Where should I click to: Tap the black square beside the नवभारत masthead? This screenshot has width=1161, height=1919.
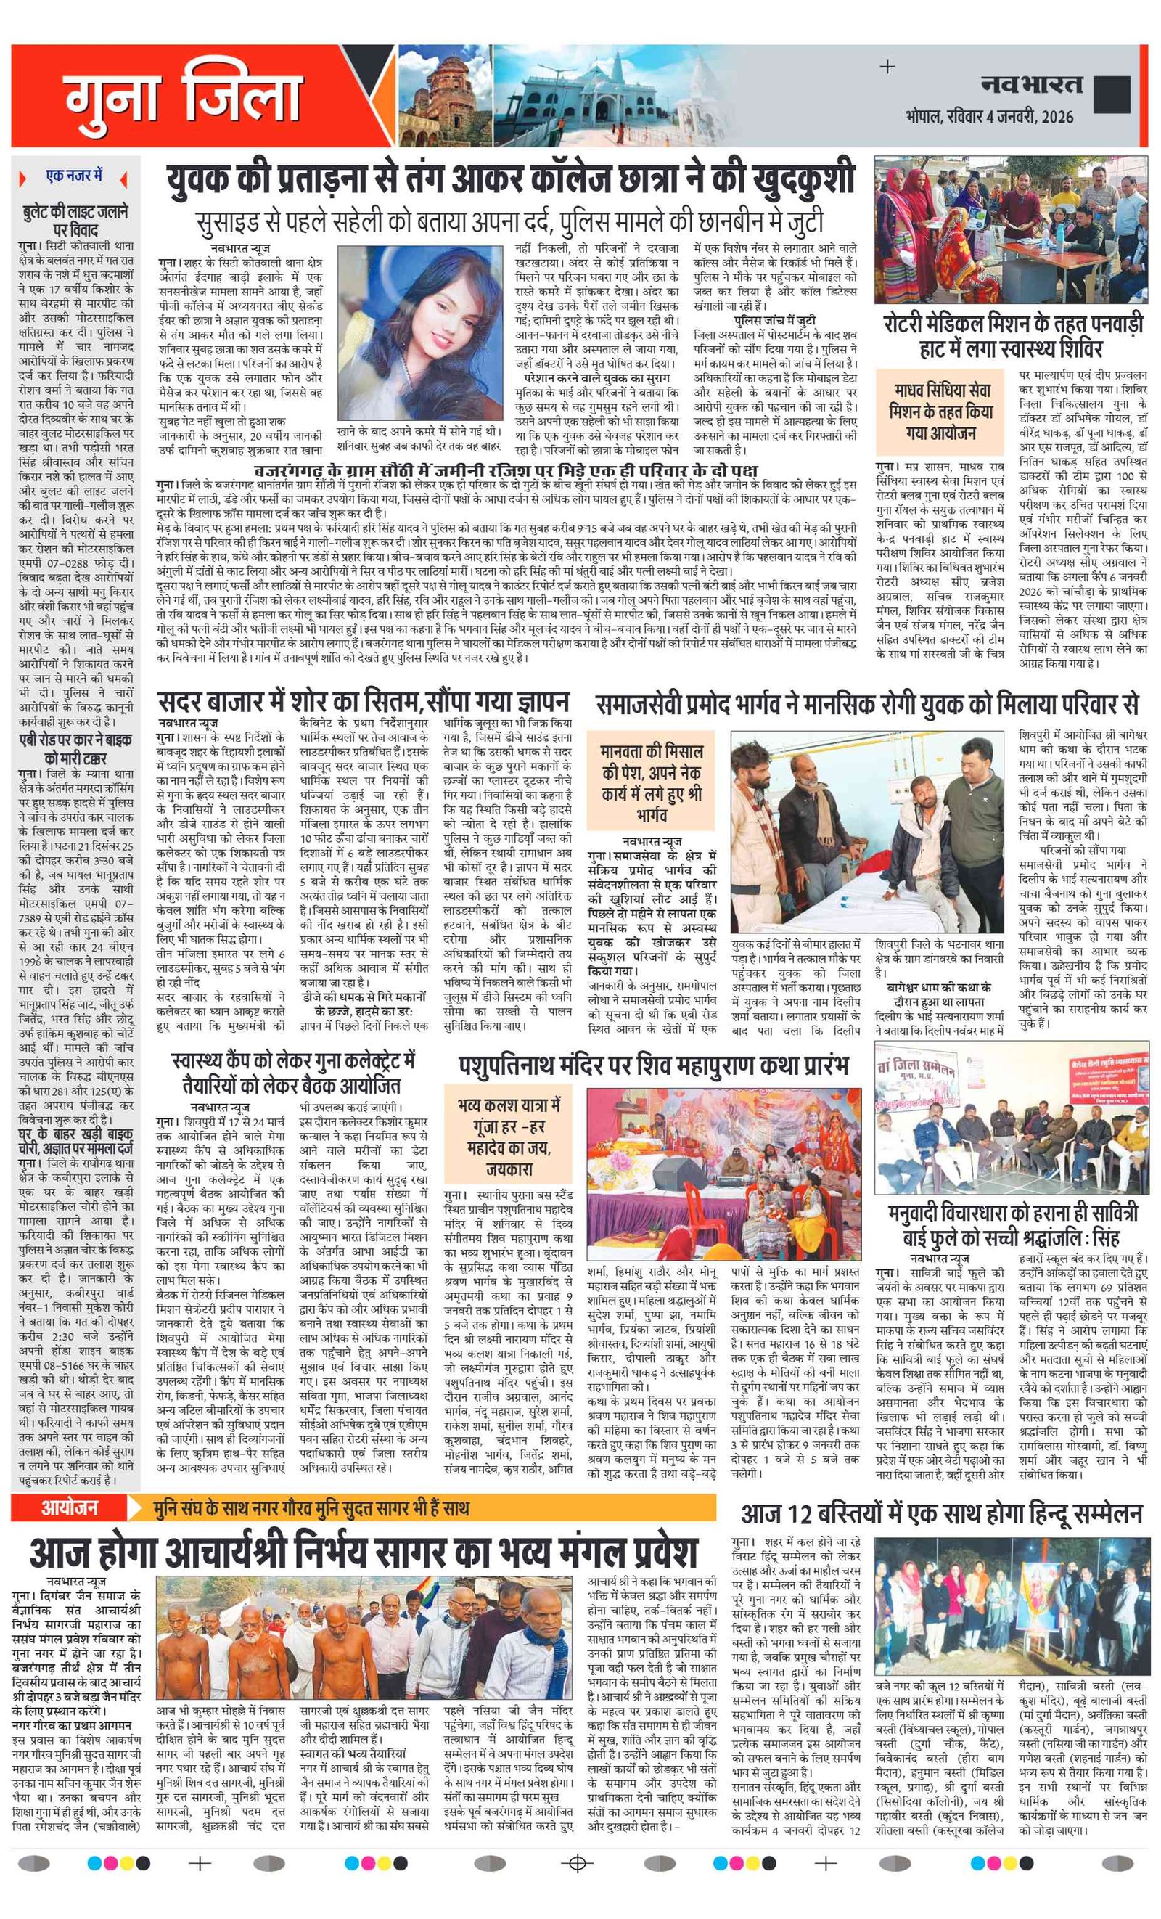coord(1111,94)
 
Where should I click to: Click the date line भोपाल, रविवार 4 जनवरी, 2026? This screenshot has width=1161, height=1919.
coord(989,117)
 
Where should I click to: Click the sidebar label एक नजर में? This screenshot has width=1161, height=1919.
coord(74,177)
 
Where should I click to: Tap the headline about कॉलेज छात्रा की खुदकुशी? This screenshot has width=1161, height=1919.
coord(511,180)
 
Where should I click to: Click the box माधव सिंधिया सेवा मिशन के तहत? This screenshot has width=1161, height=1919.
coord(940,412)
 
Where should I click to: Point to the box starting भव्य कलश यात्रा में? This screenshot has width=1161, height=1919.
coord(509,1137)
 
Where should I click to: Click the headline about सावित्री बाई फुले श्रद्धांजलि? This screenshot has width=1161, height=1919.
coord(1012,1224)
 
